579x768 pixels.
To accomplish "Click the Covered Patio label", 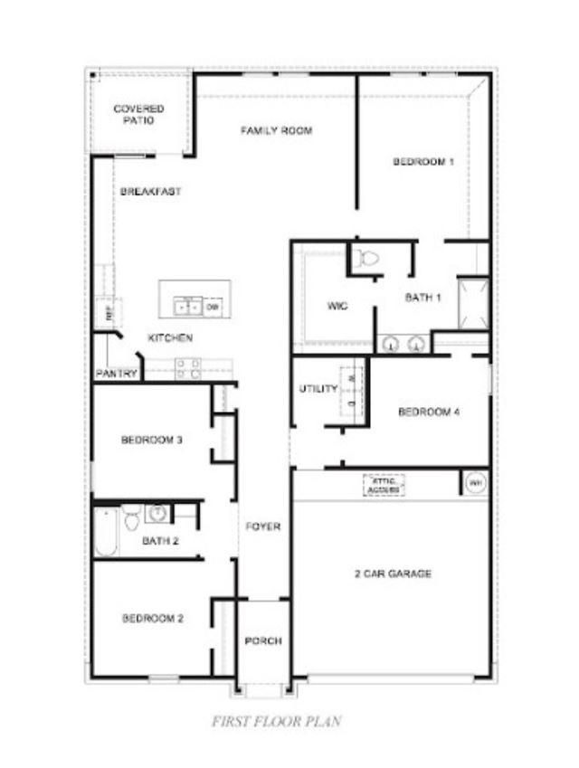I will (139, 114).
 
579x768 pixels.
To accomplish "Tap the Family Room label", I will (276, 131).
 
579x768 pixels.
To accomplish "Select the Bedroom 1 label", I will (422, 162).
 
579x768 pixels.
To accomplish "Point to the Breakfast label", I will (150, 192).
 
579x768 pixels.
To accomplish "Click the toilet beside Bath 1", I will (366, 258).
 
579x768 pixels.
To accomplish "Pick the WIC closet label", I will (337, 306).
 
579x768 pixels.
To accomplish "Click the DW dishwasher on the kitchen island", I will (213, 308).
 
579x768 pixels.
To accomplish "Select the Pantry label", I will (117, 374).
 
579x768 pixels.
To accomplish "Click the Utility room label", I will (318, 390).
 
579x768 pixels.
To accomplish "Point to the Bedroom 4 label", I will (430, 412).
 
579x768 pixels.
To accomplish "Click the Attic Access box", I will (384, 485).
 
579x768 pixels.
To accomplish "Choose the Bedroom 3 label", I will (153, 441).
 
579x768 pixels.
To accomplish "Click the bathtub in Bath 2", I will (105, 534).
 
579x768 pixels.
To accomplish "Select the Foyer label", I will (263, 526).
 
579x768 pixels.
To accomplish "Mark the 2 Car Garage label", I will (392, 574).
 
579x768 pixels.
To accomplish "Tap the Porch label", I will (263, 641).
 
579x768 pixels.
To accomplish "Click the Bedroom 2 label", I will (153, 620).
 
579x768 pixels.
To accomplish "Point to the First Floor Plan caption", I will (276, 722).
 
